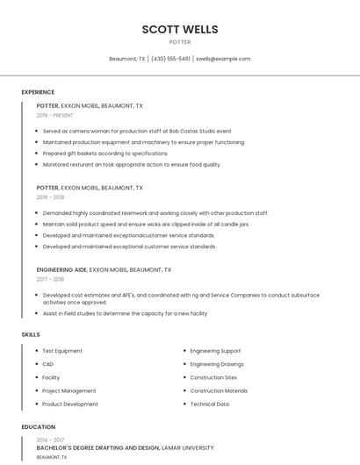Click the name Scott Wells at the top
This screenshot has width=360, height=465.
180,29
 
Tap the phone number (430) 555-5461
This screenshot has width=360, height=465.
170,59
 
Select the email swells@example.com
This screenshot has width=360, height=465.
223,59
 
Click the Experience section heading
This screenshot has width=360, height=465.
38,92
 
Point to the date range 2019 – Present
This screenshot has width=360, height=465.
55,115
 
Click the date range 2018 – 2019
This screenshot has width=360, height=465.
50,197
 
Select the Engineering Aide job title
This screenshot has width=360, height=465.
61,270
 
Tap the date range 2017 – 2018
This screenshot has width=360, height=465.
50,279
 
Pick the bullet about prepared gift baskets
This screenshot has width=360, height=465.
104,154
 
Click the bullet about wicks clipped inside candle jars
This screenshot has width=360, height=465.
146,224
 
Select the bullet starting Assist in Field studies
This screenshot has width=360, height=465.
125,313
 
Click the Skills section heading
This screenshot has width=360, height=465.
31,334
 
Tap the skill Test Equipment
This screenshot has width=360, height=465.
62,351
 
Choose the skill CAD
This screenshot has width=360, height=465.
47,364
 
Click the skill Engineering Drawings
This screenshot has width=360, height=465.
217,364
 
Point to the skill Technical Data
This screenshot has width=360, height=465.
210,404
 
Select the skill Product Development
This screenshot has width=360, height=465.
70,404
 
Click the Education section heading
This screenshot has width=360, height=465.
38,427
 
